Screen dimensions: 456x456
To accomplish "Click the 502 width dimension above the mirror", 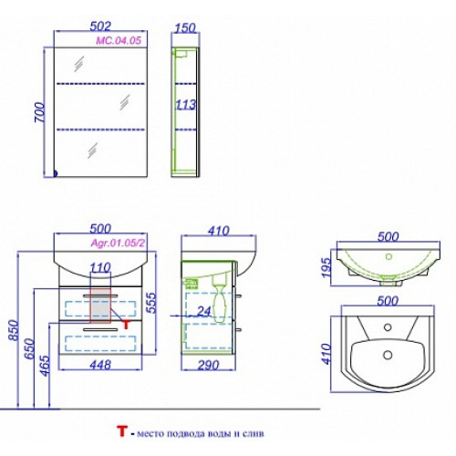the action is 100,26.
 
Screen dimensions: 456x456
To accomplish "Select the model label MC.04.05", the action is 119,40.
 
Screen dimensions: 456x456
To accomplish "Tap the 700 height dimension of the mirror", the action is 39,112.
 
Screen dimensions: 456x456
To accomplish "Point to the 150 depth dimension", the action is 185,28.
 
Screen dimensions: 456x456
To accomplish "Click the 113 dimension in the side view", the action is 186,105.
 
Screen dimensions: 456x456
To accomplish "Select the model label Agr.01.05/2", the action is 118,243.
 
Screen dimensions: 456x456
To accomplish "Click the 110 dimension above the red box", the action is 100,268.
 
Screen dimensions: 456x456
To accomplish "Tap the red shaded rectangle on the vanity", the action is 100,305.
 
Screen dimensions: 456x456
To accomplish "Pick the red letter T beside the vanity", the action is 126,325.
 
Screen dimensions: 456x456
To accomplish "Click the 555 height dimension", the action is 151,303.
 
